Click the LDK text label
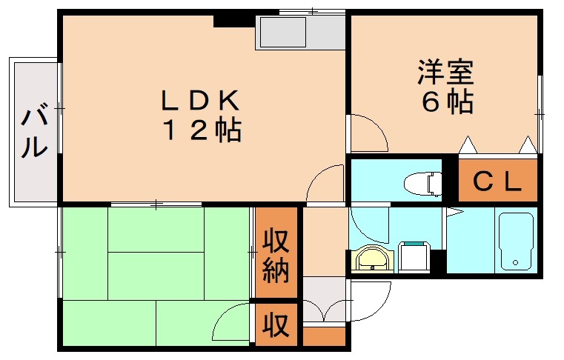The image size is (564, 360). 200,99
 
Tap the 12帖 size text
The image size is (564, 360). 201,130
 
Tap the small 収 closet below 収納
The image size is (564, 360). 276,324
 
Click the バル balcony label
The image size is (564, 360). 34,132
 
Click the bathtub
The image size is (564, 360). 516,241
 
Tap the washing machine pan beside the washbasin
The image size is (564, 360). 414,258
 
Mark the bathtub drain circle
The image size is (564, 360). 516,263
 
